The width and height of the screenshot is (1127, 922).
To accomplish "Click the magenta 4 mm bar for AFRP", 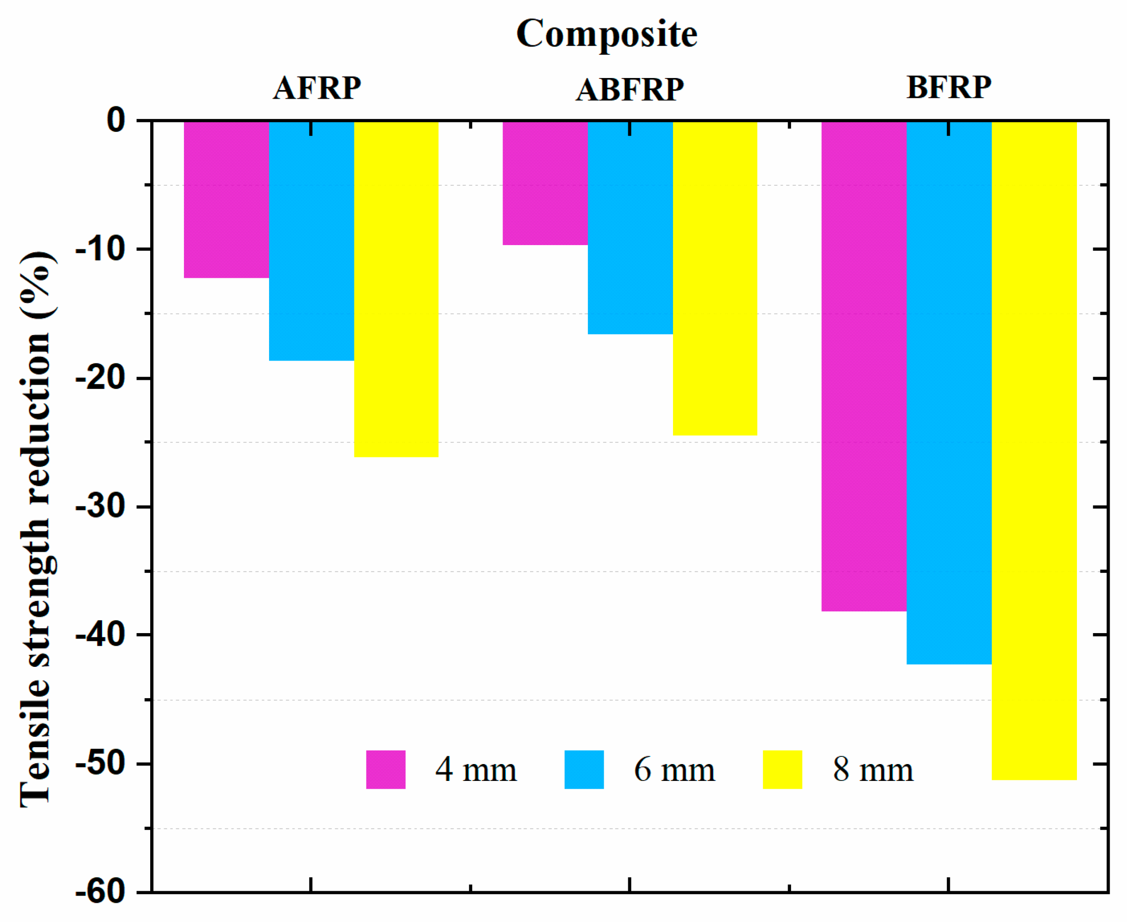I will click(226, 199).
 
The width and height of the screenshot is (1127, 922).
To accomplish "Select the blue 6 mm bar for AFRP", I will click(311, 241).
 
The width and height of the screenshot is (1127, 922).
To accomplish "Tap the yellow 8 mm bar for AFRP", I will click(396, 289).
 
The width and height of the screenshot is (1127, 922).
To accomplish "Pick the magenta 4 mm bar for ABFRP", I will click(545, 182).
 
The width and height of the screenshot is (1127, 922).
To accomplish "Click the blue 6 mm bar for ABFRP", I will click(630, 227).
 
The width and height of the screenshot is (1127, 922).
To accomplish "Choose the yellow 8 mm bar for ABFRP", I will click(715, 278).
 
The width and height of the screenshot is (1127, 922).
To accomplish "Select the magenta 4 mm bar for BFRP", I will click(864, 366).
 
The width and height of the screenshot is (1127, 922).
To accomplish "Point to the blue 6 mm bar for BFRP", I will click(948, 392).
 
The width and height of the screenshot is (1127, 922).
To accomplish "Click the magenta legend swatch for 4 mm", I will click(386, 769).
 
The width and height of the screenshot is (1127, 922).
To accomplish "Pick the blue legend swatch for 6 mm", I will click(583, 769).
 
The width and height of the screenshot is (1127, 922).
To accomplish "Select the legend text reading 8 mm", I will click(873, 769).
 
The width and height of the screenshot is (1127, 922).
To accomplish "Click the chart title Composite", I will click(607, 33).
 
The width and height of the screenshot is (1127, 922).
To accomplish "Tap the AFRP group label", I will click(317, 88).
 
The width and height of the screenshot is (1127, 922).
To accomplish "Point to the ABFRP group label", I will click(630, 89).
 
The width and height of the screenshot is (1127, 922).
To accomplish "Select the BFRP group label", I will click(948, 87).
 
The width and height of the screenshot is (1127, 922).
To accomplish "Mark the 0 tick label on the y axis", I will click(116, 120).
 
